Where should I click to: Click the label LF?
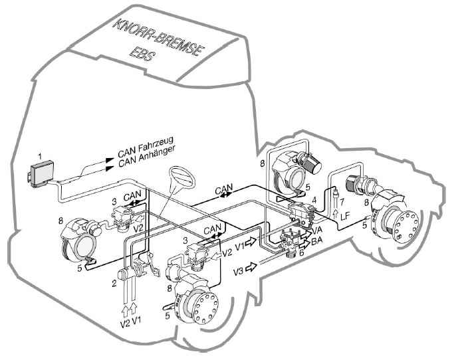344,217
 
